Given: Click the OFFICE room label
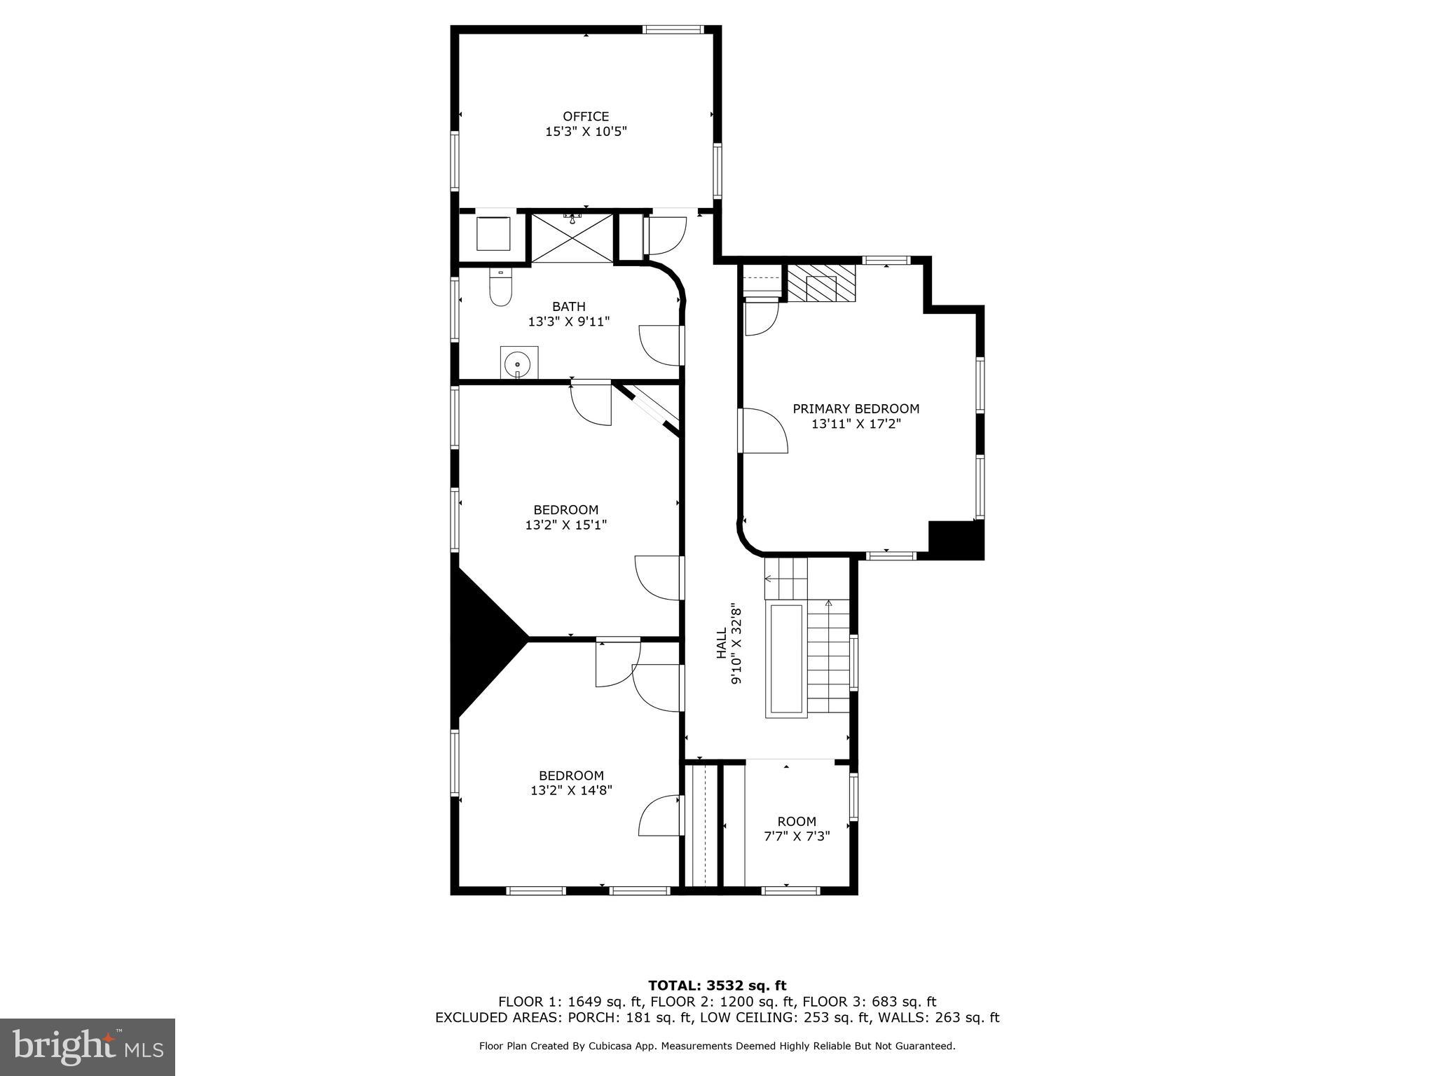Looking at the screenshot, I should tap(586, 116).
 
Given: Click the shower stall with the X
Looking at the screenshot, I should tap(572, 239).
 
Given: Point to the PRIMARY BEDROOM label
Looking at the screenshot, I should tap(856, 408).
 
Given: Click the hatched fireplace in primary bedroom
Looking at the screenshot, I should tap(821, 283).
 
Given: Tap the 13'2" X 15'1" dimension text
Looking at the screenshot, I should tap(565, 525).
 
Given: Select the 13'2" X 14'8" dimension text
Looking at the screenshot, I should tap(571, 790).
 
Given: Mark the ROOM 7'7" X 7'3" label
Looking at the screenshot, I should tap(797, 828).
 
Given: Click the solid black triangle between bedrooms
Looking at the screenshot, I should tap(483, 640).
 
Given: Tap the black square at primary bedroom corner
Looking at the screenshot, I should tap(955, 540).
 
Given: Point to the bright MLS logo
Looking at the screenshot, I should tap(88, 1047).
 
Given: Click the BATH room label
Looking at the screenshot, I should tap(568, 306).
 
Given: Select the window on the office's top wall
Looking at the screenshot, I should tap(673, 29).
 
